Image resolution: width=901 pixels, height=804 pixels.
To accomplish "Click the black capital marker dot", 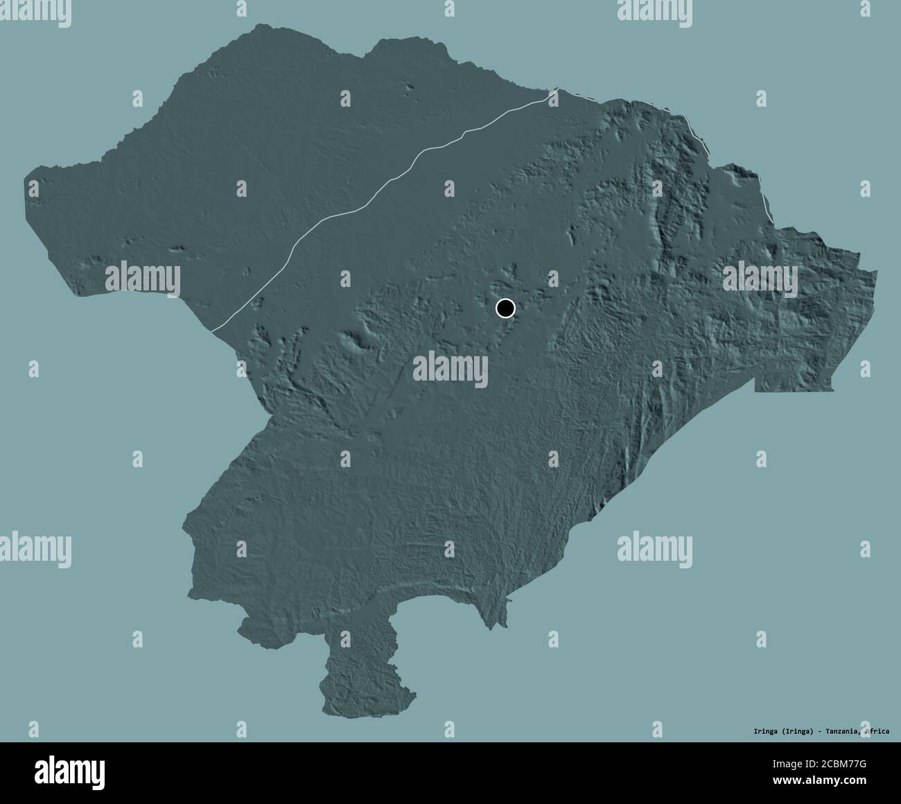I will [x=506, y=308].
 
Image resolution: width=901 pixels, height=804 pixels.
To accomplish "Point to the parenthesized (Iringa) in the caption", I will [x=797, y=731].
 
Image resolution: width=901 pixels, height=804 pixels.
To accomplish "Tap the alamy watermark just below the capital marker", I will [x=450, y=367].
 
